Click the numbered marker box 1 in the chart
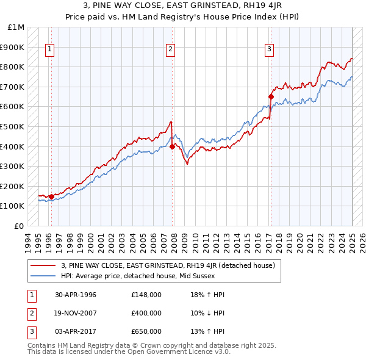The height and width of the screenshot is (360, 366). tap(49, 50)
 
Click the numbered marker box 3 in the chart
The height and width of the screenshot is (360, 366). tap(269, 50)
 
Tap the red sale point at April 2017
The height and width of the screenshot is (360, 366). tap(271, 96)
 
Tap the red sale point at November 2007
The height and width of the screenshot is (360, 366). tap(173, 146)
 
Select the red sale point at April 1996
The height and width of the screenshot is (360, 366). tap(51, 196)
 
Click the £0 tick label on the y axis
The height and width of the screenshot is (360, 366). tap(20, 226)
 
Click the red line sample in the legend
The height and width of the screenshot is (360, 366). tap(43, 265)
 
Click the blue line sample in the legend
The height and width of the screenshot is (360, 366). tap(43, 276)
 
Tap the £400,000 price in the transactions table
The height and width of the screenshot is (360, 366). tap(146, 313)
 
